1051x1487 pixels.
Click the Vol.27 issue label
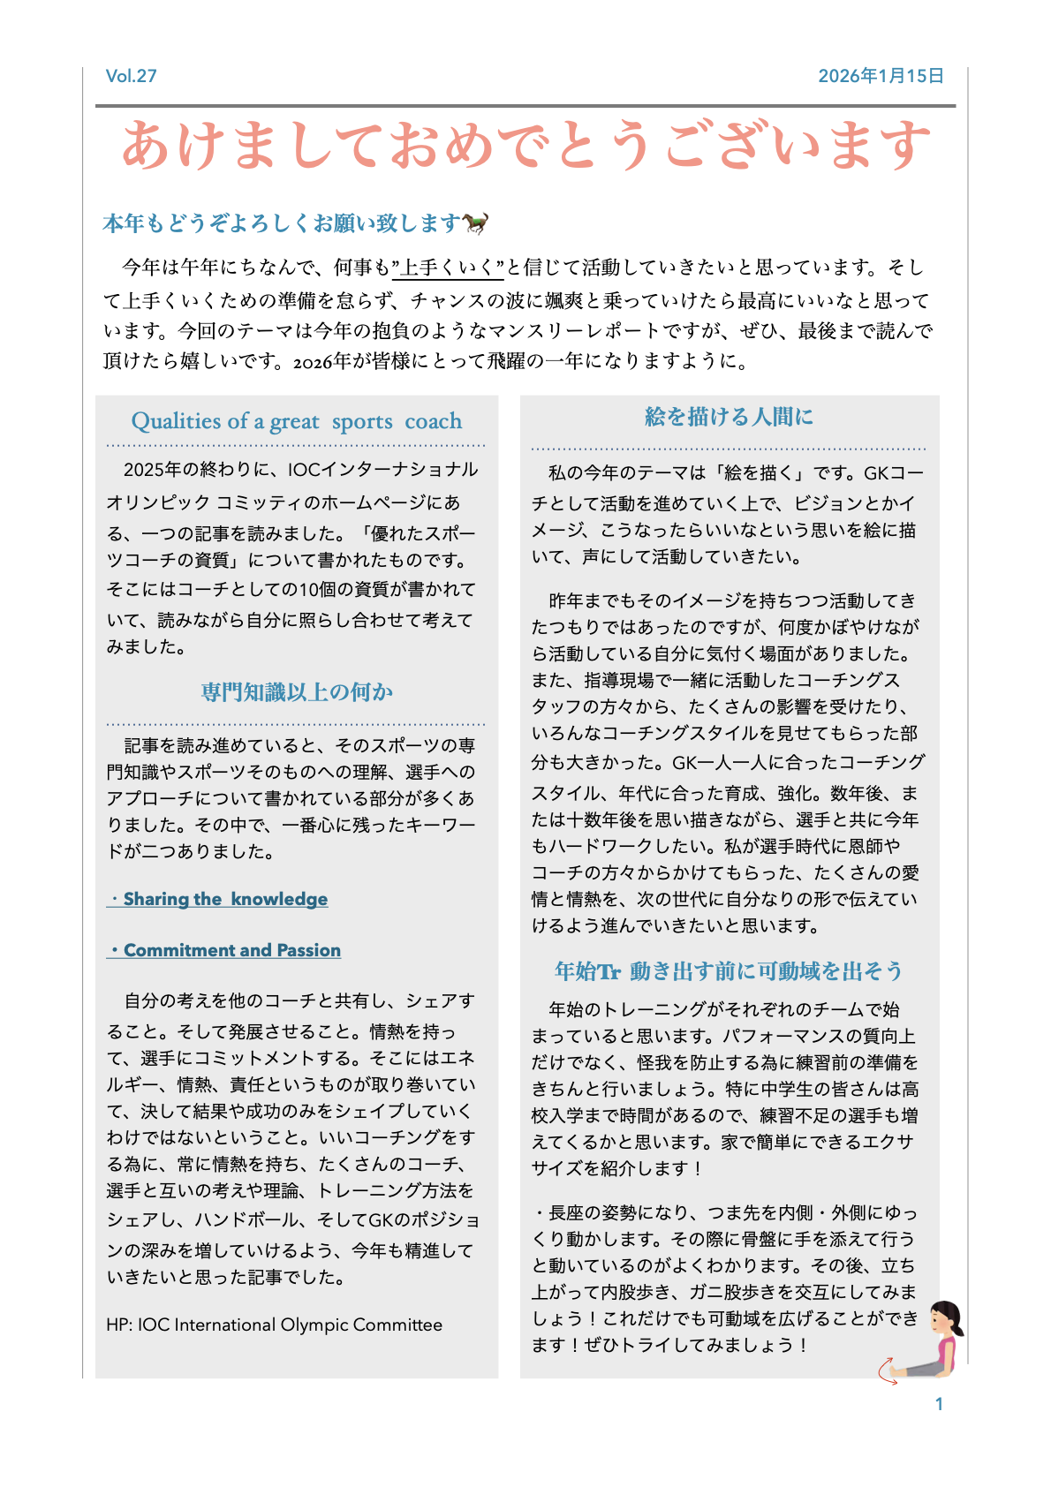pyautogui.click(x=131, y=76)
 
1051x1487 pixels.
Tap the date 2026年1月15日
pyautogui.click(x=881, y=76)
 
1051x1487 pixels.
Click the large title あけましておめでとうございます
pyautogui.click(x=525, y=146)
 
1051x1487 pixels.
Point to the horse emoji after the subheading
pyautogui.click(x=477, y=223)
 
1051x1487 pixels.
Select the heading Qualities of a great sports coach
pyautogui.click(x=296, y=421)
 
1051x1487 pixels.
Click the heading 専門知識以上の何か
pyautogui.click(x=296, y=691)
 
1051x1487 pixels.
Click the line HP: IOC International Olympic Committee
pyautogui.click(x=274, y=1325)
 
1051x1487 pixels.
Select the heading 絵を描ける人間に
pyautogui.click(x=729, y=417)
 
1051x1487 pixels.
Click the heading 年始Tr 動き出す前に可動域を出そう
pyautogui.click(x=729, y=971)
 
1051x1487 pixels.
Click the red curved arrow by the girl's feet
pyautogui.click(x=886, y=1370)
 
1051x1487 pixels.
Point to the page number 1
pyautogui.click(x=939, y=1404)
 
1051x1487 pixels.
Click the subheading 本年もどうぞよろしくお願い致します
pyautogui.click(x=283, y=223)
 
